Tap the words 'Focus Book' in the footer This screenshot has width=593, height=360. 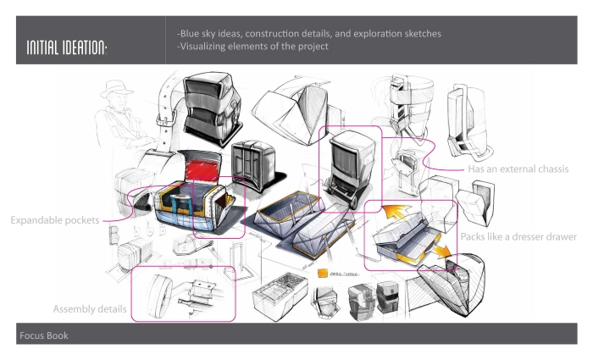pyautogui.click(x=42, y=336)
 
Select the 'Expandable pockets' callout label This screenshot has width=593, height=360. pyautogui.click(x=55, y=220)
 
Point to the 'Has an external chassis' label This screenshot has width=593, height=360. pyautogui.click(x=518, y=169)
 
